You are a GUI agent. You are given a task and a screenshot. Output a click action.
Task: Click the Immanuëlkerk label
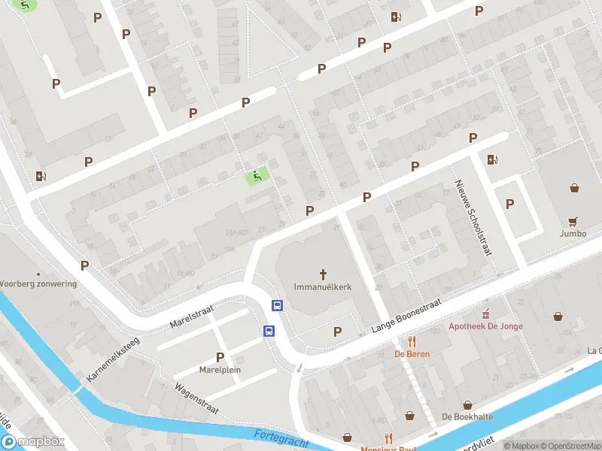tap(323, 286)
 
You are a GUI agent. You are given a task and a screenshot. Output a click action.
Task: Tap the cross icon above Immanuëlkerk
tap(324, 274)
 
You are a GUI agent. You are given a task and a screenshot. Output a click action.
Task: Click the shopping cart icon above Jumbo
tap(574, 221)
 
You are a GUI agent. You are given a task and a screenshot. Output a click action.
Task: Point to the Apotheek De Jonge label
tap(485, 325)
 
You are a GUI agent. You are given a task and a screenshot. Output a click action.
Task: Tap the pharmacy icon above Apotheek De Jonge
tap(485, 313)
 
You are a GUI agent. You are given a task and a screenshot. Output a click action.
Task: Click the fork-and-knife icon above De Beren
tap(412, 341)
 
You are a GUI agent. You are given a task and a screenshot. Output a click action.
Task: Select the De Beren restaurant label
tap(412, 353)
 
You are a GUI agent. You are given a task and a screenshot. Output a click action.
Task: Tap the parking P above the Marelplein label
tap(220, 357)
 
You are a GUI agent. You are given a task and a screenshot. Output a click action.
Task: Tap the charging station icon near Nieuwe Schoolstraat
tap(492, 159)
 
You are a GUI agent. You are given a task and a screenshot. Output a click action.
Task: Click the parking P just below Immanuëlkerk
tap(337, 331)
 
